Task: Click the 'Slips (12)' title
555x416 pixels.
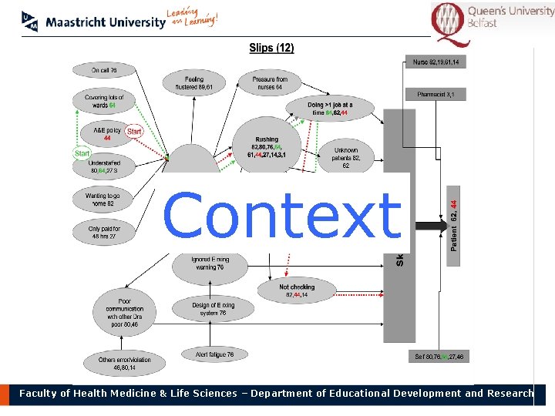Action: point(271,48)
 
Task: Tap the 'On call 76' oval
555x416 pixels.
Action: point(104,71)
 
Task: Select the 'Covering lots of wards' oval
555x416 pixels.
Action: point(104,101)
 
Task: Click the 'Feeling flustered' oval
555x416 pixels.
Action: point(194,82)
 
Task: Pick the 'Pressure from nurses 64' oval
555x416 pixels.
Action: point(270,82)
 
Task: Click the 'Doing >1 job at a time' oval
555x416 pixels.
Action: point(330,109)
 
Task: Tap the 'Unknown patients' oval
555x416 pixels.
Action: point(346,157)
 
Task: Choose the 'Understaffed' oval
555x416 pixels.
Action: point(104,167)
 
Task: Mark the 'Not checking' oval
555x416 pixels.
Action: point(297,290)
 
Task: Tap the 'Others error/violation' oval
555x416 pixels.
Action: point(124,364)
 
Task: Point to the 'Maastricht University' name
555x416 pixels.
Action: point(105,22)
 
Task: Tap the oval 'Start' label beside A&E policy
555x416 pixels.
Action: point(134,132)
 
